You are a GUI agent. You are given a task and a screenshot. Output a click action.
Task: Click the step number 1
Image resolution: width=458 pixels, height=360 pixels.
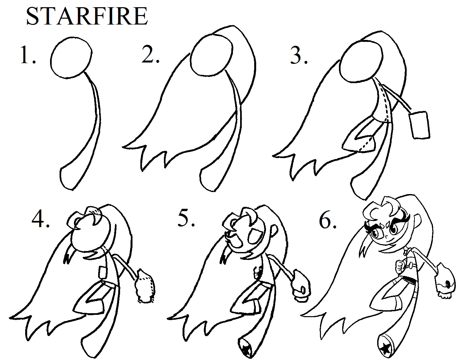coord(28,55)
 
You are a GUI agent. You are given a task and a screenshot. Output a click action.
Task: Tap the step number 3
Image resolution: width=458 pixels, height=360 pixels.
coord(299,55)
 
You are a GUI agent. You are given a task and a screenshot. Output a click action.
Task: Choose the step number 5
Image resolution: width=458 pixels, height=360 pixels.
coord(186,219)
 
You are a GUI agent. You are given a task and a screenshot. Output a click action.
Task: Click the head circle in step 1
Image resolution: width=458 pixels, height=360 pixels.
coord(71,58)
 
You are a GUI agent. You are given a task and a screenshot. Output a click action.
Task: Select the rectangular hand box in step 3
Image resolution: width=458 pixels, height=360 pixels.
coord(419,125)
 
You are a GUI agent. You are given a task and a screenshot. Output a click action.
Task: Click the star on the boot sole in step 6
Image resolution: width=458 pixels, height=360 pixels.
coord(386,350)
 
